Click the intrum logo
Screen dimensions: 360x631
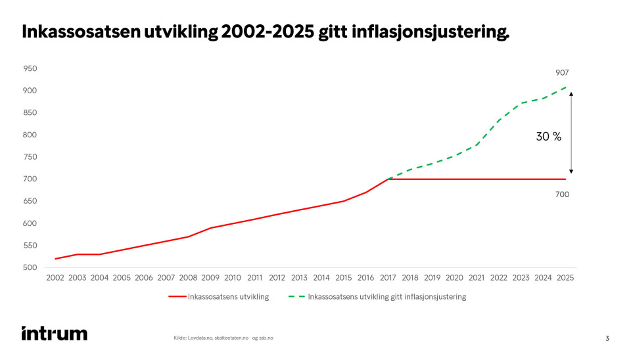coord(54,333)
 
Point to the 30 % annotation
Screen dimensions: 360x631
coord(548,137)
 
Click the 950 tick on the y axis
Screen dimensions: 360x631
coord(30,68)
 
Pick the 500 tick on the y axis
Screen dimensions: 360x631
coord(30,267)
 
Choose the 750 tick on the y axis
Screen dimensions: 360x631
coord(30,157)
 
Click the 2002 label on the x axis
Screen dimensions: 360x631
coord(55,278)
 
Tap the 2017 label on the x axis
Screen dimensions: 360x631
coord(388,278)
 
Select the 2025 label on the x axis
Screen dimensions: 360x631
coord(565,278)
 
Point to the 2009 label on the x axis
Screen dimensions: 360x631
coord(210,278)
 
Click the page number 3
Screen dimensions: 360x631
coord(607,339)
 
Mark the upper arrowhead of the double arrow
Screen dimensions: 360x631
coord(571,94)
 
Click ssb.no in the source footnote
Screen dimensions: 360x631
coord(266,338)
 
